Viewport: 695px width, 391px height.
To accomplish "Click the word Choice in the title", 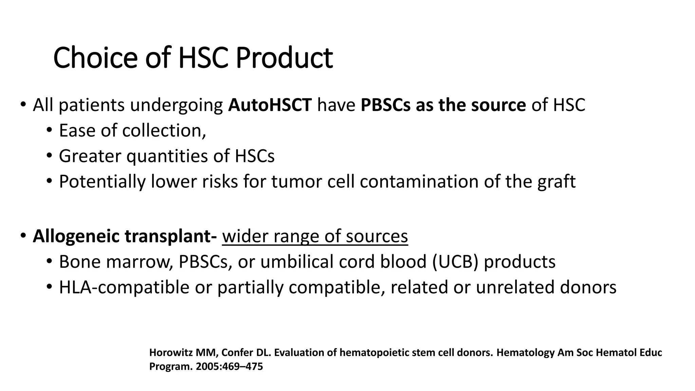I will click(x=95, y=58).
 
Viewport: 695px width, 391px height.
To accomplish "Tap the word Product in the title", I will click(x=284, y=58).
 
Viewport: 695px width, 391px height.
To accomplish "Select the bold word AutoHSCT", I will click(x=270, y=105).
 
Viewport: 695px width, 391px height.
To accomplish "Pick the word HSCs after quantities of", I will click(x=255, y=156).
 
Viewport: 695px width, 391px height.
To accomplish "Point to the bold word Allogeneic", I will click(x=76, y=237).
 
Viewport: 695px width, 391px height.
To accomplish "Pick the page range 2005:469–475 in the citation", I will click(x=229, y=367).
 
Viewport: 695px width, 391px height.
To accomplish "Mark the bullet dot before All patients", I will click(x=22, y=105).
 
